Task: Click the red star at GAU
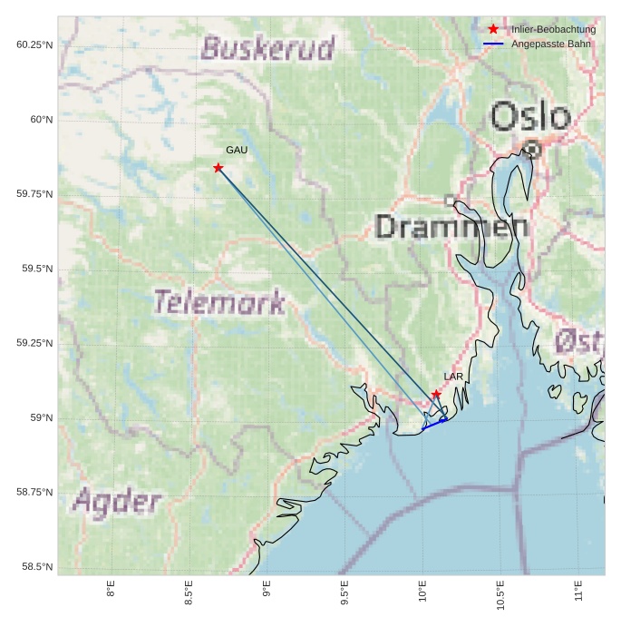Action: coord(218,168)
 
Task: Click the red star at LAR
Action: coord(436,395)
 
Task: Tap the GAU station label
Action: coord(237,150)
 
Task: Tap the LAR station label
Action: coord(453,376)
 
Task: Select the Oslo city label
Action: coord(530,117)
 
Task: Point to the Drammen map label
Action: coord(451,227)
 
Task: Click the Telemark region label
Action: coord(218,302)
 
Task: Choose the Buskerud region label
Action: coord(267,47)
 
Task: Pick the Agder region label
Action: coord(117,502)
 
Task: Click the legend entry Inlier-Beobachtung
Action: coord(553,29)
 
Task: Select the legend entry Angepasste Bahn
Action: coord(550,44)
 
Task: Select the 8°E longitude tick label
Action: coord(111,590)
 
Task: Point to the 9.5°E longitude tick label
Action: coord(344,595)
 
